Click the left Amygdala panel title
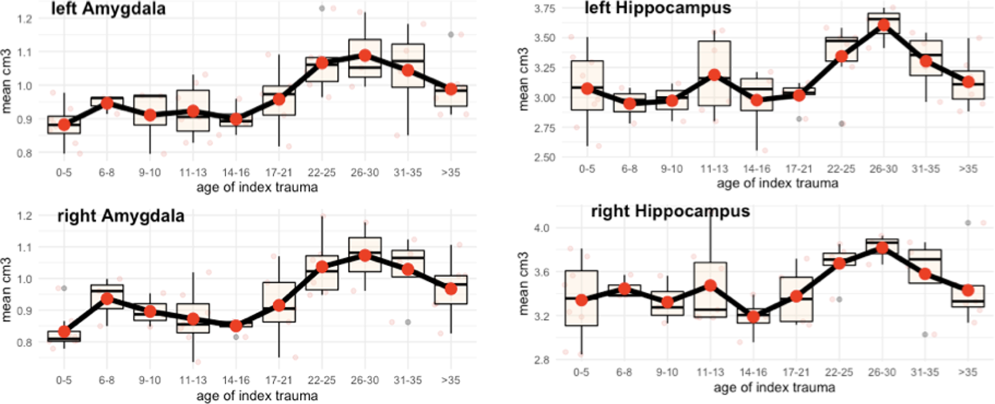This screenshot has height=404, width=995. (108, 9)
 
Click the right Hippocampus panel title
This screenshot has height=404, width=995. (670, 211)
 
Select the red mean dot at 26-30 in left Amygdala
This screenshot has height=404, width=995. (365, 55)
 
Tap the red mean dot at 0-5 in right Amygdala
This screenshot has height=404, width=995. (64, 332)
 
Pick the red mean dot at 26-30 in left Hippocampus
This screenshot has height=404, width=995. (883, 25)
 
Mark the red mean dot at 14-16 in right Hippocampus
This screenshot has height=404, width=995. (753, 317)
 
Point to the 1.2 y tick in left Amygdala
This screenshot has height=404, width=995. (24, 18)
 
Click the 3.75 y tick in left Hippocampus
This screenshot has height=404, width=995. (545, 8)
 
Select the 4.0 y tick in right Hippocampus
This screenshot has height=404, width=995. (541, 227)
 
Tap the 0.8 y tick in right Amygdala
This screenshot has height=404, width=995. (24, 343)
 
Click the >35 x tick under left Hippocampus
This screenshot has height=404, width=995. (968, 169)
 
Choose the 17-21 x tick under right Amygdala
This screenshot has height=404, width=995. (279, 380)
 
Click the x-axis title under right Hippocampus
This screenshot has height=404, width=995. (774, 388)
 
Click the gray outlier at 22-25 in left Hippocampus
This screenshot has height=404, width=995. (842, 123)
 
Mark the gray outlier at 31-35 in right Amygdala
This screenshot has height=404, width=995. (408, 322)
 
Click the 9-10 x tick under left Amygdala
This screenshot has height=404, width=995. (150, 173)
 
